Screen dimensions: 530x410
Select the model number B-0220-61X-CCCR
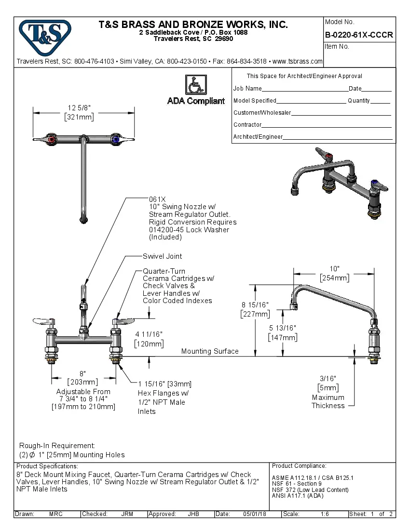tap(359, 35)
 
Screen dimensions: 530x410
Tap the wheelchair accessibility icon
tap(195, 85)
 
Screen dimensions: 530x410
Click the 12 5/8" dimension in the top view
tap(80, 107)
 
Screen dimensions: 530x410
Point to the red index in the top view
tap(51, 140)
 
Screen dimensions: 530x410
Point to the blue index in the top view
tap(115, 140)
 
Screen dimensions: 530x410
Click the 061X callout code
tap(157, 199)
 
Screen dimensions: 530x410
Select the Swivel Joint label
tap(163, 256)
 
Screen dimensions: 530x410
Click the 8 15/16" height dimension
tap(255, 305)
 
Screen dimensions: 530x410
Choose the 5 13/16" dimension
tap(283, 328)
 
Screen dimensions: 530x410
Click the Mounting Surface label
tap(210, 351)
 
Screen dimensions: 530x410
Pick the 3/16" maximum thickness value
tap(328, 379)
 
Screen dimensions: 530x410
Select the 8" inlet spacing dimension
tap(82, 373)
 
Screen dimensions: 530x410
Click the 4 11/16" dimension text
tap(149, 334)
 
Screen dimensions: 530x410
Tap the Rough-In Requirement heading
tap(57, 446)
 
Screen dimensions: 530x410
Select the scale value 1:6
tap(325, 514)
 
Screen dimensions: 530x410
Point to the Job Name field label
tap(247, 89)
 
